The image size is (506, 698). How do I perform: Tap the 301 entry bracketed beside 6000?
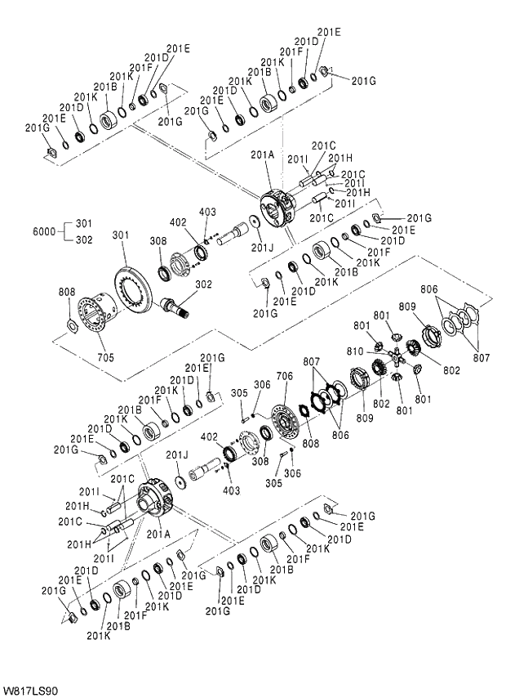pyautogui.click(x=84, y=223)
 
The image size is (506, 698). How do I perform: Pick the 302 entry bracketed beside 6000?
pyautogui.click(x=84, y=239)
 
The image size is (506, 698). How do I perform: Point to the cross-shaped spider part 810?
pyautogui.click(x=395, y=356)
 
